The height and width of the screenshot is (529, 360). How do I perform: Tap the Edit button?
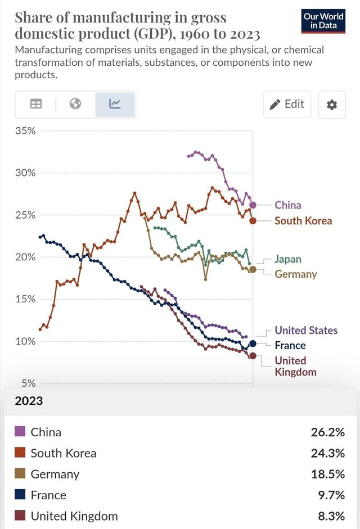tap(287, 104)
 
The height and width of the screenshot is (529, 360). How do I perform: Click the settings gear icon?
tap(332, 105)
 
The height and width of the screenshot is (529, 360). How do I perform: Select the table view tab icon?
tap(36, 104)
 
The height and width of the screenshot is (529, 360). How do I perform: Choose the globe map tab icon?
tap(75, 104)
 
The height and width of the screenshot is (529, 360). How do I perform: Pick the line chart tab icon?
tap(115, 104)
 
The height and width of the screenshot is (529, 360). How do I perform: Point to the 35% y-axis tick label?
tap(25, 130)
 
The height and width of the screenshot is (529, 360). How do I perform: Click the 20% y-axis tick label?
tap(25, 257)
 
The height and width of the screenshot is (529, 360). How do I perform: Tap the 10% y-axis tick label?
tap(25, 341)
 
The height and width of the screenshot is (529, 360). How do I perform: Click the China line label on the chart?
tap(287, 205)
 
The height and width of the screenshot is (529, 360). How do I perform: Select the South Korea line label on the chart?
tap(303, 221)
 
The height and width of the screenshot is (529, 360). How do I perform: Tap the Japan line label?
tap(287, 259)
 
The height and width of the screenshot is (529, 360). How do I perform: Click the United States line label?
tap(306, 331)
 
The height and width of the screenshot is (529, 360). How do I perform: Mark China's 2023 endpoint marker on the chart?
tap(253, 205)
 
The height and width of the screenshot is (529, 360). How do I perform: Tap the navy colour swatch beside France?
tap(20, 495)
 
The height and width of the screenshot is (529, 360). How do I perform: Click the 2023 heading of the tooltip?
tap(29, 401)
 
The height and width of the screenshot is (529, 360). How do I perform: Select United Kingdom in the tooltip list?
tap(74, 516)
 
